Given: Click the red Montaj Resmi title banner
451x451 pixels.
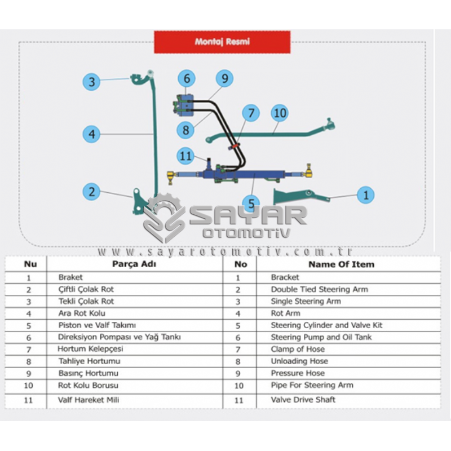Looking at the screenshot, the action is coord(222,42).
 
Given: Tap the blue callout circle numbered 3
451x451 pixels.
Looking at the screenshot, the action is coord(91,82).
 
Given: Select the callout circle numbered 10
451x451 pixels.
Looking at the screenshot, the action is coord(280,113).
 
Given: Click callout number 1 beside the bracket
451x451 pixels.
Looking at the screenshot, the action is coord(365,195).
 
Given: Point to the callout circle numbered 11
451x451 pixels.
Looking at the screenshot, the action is coord(185,156).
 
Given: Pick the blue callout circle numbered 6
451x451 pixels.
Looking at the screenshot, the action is coord(187,78).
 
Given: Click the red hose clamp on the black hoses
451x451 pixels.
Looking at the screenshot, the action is coord(235,146).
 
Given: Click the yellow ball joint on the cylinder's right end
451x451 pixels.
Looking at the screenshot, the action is coord(308,171).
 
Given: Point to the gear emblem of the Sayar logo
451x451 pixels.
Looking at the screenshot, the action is coord(165,218).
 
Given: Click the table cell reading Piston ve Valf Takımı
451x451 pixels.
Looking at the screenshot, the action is coord(97,325).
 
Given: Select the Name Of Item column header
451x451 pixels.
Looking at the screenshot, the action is coord(342,264).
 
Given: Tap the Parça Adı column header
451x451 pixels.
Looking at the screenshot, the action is coord(134,264).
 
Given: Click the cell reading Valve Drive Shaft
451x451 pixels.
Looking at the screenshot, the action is coord(303,400).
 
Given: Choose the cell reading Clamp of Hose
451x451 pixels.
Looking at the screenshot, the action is coord(298,349).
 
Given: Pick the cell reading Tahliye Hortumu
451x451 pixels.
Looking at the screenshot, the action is coord(90,361).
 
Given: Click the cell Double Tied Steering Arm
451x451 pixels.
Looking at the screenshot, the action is coord(320,289).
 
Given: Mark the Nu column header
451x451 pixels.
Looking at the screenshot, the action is coord(30,264).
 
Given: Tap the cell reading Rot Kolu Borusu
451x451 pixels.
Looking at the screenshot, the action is coord(88,386).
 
